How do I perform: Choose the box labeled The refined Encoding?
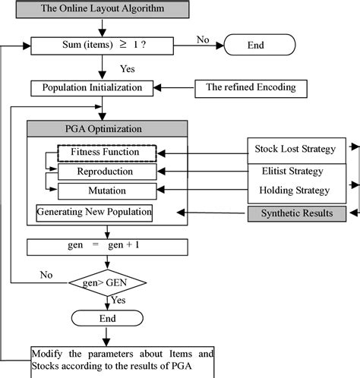click(251, 87)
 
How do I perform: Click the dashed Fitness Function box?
click(106, 153)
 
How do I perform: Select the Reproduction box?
click(106, 172)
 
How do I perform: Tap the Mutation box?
click(106, 191)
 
